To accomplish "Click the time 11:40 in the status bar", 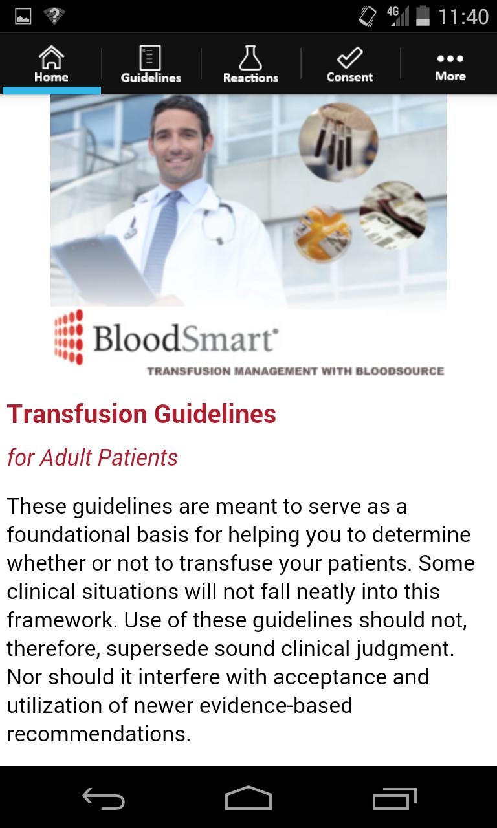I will click(463, 17).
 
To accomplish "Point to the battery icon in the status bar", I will click(423, 16).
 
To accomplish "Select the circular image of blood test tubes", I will click(338, 142).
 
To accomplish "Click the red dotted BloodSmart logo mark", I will click(69, 337).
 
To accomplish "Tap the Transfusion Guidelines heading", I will click(142, 414).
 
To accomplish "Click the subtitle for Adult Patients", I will click(93, 457).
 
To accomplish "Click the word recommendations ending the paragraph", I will click(99, 734).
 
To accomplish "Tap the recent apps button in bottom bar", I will click(395, 799).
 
